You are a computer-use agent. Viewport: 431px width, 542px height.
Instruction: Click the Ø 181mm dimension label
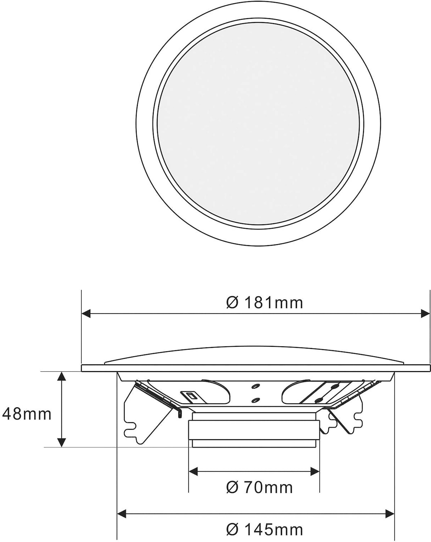[264, 303]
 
